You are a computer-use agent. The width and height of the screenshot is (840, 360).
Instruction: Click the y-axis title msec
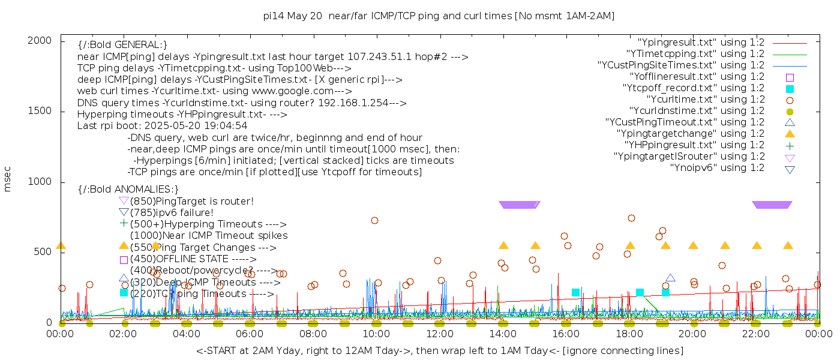pos(8,179)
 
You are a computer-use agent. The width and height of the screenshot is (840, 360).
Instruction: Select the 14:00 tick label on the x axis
pos(503,334)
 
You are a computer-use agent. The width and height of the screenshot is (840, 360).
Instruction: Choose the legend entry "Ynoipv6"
pos(717,168)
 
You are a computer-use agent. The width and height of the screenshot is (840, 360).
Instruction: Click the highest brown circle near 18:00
pos(631,218)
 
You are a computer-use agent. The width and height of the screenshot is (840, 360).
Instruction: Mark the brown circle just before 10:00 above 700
pos(374,220)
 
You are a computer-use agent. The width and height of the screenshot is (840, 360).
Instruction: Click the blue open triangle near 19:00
pos(670,278)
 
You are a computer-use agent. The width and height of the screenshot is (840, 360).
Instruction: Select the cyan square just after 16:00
pos(575,292)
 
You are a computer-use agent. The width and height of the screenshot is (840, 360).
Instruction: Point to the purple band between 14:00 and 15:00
pos(519,205)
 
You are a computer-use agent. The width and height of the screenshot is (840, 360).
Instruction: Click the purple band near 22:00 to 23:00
pos(772,205)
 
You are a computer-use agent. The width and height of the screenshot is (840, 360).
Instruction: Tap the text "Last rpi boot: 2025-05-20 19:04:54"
pos(163,126)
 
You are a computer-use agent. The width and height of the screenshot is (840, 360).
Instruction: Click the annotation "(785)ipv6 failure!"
pos(172,212)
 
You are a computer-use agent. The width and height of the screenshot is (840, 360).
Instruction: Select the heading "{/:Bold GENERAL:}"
pos(122,45)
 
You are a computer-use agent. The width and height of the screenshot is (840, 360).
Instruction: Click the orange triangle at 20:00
pos(693,246)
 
